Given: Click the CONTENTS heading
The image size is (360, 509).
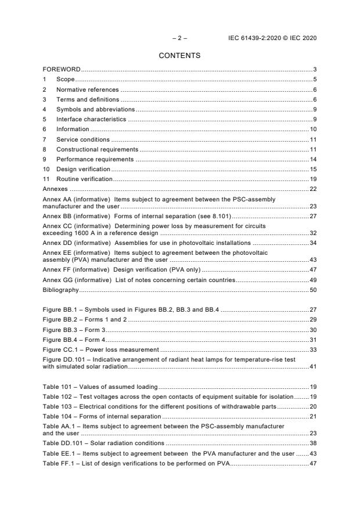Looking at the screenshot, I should pos(179,56).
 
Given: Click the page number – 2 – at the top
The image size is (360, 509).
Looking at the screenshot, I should pos(179,38).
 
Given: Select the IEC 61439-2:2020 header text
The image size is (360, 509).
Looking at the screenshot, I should pos(273,38).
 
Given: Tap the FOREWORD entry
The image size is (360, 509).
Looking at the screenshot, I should pos(62,70).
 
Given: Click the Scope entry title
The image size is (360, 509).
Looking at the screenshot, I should pos(65,80).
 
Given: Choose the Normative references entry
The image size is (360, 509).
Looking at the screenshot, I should pos(87,89).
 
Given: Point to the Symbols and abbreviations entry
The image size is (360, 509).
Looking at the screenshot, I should pos(95,109).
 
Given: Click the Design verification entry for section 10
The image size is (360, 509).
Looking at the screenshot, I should pos(82,169).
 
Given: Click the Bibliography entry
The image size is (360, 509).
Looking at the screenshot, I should pos(61,289).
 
